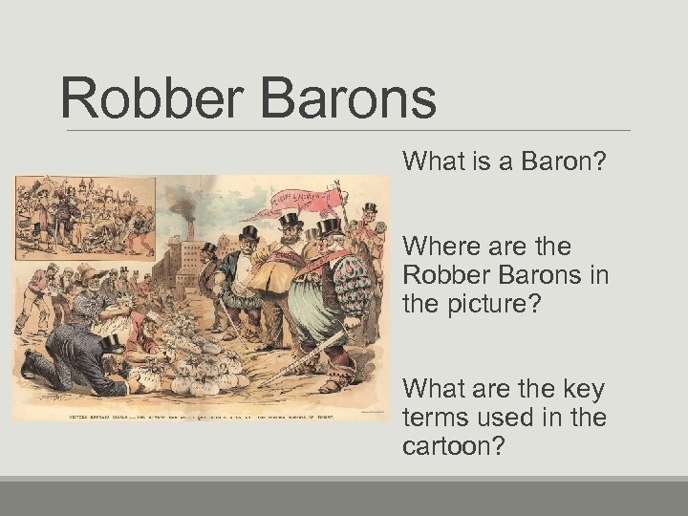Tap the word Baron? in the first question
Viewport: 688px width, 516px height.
(565, 161)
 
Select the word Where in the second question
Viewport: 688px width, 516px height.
(441, 247)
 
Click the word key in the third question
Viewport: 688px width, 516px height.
(575, 389)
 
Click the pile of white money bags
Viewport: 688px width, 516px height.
(201, 368)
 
